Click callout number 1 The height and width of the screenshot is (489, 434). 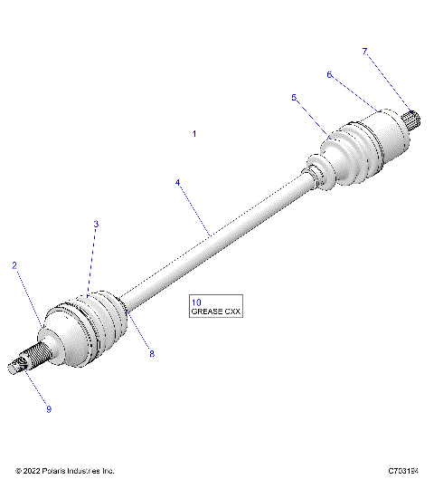(194, 133)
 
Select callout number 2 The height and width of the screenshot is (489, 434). (14, 265)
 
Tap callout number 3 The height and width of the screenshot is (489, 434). (96, 224)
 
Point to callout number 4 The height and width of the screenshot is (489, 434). (178, 183)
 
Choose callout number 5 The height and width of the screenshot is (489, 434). (294, 97)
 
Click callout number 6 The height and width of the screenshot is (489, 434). (329, 75)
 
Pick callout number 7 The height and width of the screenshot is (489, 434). (365, 52)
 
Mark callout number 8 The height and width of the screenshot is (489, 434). (152, 353)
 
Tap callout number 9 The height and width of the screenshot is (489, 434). (49, 409)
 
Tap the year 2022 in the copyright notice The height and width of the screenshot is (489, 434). (32, 472)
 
